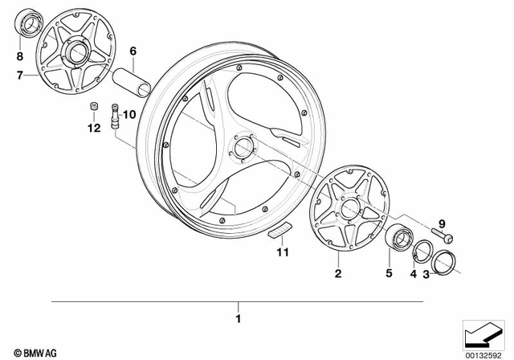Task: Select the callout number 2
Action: point(338,274)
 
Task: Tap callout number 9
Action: point(440,223)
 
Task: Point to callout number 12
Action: point(93,127)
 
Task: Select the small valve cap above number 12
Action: point(93,108)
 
